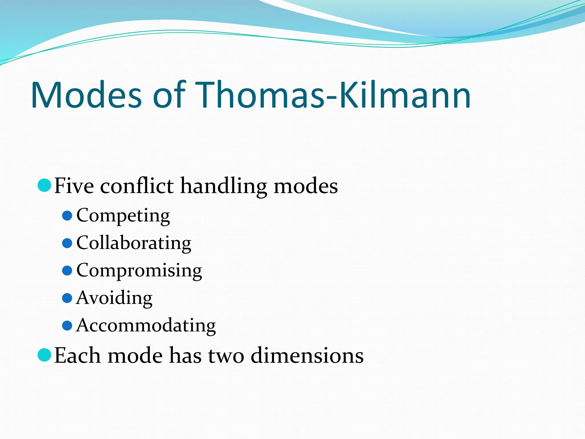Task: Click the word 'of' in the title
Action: pos(169,95)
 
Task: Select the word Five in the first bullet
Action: pos(74,186)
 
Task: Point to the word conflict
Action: pos(137,186)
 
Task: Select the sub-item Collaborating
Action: pos(134,243)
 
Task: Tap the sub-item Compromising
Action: pos(139,271)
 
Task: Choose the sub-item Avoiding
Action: pos(114,298)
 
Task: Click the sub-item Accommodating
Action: pos(146,326)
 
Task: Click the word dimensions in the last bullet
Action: pos(307,356)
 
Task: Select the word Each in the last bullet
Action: pos(77,356)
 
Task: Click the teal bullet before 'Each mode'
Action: pos(44,355)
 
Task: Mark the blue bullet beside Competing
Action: pos(67,216)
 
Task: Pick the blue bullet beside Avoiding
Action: pos(67,298)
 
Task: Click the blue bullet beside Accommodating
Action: pos(67,326)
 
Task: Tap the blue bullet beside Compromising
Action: pos(67,271)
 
